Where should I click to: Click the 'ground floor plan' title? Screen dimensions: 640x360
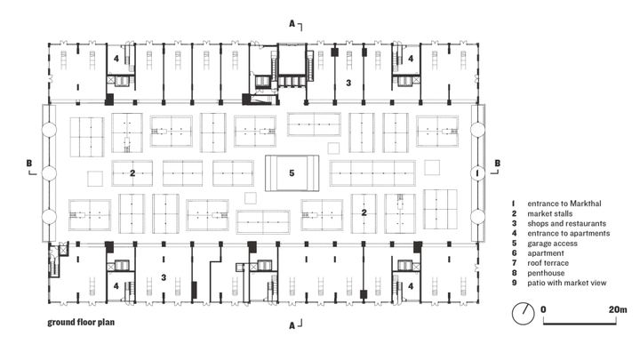[80, 324]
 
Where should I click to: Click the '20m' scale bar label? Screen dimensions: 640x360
[618, 309]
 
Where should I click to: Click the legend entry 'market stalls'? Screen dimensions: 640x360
[548, 213]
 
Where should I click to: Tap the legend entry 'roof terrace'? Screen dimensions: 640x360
[548, 262]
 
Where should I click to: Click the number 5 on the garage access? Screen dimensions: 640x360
[291, 172]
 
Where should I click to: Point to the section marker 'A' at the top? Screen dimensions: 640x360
[291, 23]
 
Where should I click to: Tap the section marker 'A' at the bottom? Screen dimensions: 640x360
[291, 324]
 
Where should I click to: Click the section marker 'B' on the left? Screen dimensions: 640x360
[29, 164]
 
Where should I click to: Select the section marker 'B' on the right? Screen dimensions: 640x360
[497, 164]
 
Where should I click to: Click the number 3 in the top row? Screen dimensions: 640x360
[349, 83]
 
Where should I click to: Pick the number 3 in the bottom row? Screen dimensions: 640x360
[164, 278]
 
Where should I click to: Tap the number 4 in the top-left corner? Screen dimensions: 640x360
[116, 59]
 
